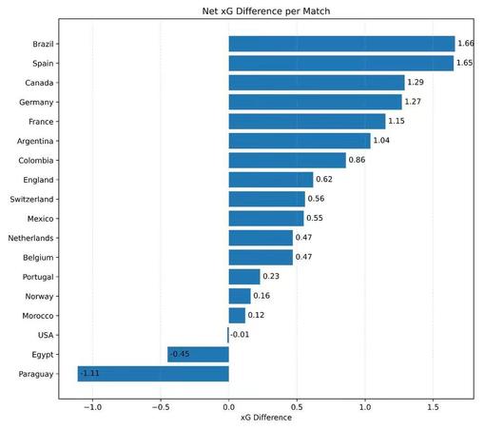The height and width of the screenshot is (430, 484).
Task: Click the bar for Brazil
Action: point(341,44)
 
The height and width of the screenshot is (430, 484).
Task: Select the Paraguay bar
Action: point(153,374)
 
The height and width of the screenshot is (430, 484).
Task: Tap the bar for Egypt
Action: point(198,355)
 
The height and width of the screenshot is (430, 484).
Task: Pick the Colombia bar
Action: point(287,160)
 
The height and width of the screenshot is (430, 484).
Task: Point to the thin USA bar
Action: point(228,335)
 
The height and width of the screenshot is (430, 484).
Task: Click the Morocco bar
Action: point(237,316)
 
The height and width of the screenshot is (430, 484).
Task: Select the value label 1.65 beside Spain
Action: point(464,63)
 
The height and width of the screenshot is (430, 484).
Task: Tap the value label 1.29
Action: point(416,82)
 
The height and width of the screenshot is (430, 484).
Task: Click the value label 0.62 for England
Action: point(324,179)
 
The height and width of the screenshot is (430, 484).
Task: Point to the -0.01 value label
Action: point(240,335)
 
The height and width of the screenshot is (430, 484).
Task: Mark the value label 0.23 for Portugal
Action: point(271,276)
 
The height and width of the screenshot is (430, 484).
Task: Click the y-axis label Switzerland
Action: point(31,199)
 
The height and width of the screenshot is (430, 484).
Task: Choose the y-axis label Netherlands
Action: point(30,238)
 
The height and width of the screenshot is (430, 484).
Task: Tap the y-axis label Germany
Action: point(36,103)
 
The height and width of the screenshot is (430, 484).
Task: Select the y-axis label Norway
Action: point(39,297)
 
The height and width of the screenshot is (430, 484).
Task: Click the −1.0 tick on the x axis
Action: point(92,407)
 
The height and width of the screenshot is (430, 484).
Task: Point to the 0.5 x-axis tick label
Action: point(297,407)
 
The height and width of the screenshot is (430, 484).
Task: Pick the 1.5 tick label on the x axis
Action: point(433,407)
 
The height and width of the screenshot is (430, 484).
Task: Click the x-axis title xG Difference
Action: point(266,418)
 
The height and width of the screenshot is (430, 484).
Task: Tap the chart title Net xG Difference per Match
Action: point(266,11)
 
